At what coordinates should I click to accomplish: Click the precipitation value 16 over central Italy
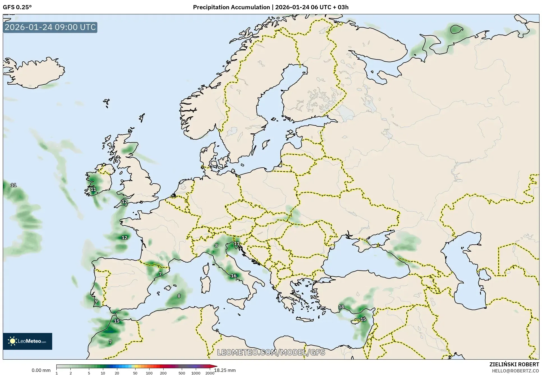234,276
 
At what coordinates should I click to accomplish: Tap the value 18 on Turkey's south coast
341,307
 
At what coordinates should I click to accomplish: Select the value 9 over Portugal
96,301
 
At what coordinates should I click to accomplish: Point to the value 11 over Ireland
93,189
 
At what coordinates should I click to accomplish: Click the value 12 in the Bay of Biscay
124,238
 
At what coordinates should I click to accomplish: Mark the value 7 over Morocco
110,342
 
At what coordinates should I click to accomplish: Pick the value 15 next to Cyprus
363,319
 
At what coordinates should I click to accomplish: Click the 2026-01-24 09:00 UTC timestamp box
50,27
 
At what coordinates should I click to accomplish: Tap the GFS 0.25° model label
17,7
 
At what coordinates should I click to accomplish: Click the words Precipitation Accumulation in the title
231,7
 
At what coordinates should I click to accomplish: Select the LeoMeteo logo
27,341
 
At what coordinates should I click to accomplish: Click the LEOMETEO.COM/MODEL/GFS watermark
271,352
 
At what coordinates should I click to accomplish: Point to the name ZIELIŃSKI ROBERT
514,365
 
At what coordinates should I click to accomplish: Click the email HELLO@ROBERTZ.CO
515,371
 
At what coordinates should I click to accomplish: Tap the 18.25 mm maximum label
225,370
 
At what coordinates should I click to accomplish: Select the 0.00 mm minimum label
41,370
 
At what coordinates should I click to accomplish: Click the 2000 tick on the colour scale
210,373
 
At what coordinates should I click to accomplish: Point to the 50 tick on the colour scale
135,373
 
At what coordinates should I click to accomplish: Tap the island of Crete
308,319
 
